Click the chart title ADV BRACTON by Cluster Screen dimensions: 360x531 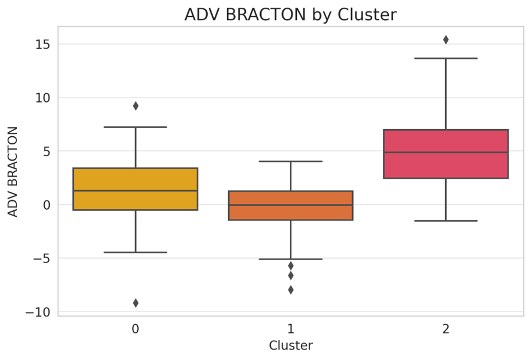(290, 15)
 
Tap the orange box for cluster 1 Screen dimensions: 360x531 (290, 212)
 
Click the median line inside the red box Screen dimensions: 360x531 (446, 152)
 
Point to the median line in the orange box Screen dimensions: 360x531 (290, 205)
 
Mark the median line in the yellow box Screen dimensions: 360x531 (135, 191)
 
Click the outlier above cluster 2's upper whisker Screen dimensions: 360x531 (446, 40)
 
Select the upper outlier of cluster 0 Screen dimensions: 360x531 (136, 106)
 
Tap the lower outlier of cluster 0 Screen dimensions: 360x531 (136, 303)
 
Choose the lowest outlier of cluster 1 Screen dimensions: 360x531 (291, 290)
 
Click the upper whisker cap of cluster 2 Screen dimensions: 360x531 (446, 58)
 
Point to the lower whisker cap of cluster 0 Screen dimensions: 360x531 (135, 252)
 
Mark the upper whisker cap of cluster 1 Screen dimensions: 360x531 (290, 162)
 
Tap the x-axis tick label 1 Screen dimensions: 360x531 (290, 329)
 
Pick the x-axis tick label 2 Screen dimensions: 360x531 (446, 329)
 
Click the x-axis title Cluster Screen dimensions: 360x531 (290, 346)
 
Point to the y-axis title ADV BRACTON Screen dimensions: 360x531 (13, 172)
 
